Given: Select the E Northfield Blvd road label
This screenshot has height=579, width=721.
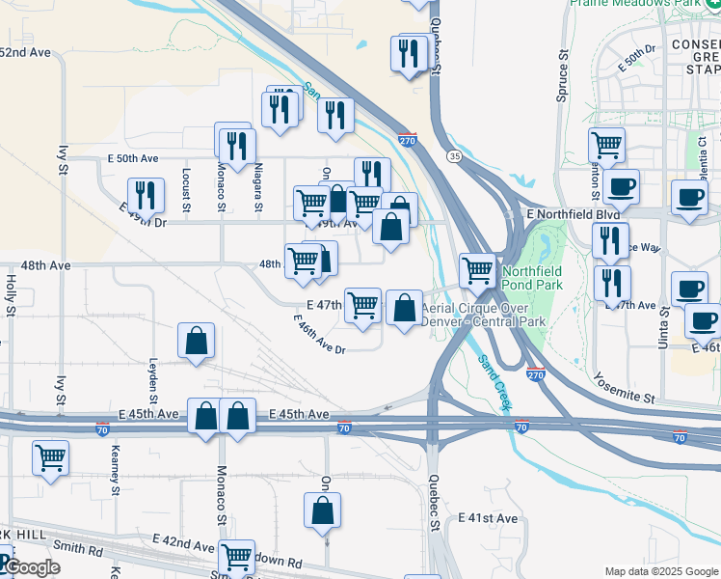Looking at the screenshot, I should pos(573,213).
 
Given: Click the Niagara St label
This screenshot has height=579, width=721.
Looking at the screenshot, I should pos(258,188).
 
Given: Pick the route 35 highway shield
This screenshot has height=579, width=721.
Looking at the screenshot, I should pos(452,155).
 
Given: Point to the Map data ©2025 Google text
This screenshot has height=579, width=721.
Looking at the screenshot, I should pos(660,571).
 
